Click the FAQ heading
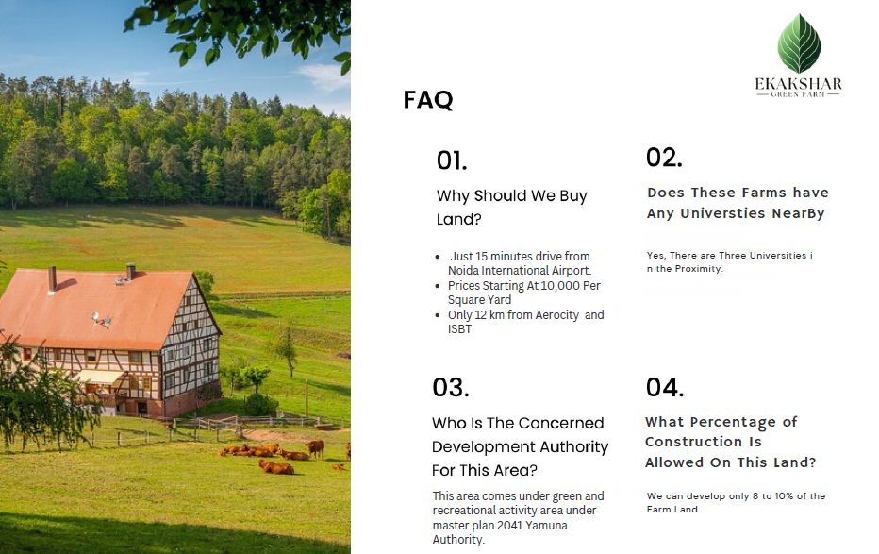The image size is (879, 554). [x=428, y=100]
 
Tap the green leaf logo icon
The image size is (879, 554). [x=799, y=43]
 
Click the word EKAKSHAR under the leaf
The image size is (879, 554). [x=798, y=84]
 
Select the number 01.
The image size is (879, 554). [x=451, y=161]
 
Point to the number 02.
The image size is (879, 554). [x=664, y=158]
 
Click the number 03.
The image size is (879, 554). [x=450, y=388]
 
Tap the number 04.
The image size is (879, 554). [x=664, y=388]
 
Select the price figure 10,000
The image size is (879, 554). [x=560, y=285]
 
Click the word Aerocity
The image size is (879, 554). [x=556, y=315]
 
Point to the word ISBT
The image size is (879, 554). [x=459, y=329]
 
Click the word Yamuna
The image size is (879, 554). [x=547, y=526]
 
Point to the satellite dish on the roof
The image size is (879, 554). [x=96, y=318]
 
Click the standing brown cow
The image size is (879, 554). [x=316, y=447]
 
